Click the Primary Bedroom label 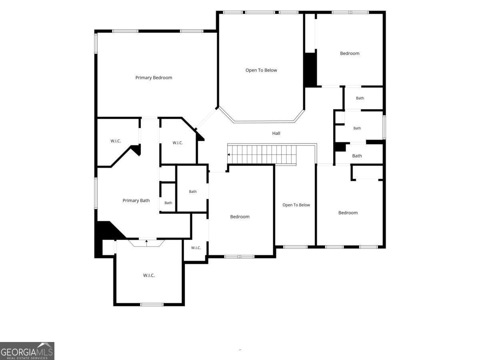tap(154, 78)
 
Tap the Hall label tap(276, 133)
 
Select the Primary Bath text tap(136, 201)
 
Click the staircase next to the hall tap(262, 154)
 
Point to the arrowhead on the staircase tap(228, 155)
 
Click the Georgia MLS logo tap(27, 351)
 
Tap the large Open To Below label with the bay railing tap(261, 70)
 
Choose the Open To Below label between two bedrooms tap(296, 205)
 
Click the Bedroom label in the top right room tap(350, 53)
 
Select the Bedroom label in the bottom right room tap(348, 213)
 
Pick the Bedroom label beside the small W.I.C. tap(240, 217)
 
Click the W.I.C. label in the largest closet tap(149, 276)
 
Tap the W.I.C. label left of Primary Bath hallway tap(116, 141)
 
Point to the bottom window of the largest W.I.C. tap(152, 304)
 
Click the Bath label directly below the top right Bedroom tap(360, 98)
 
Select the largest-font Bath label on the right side tap(357, 156)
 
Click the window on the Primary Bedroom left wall tap(96, 43)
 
